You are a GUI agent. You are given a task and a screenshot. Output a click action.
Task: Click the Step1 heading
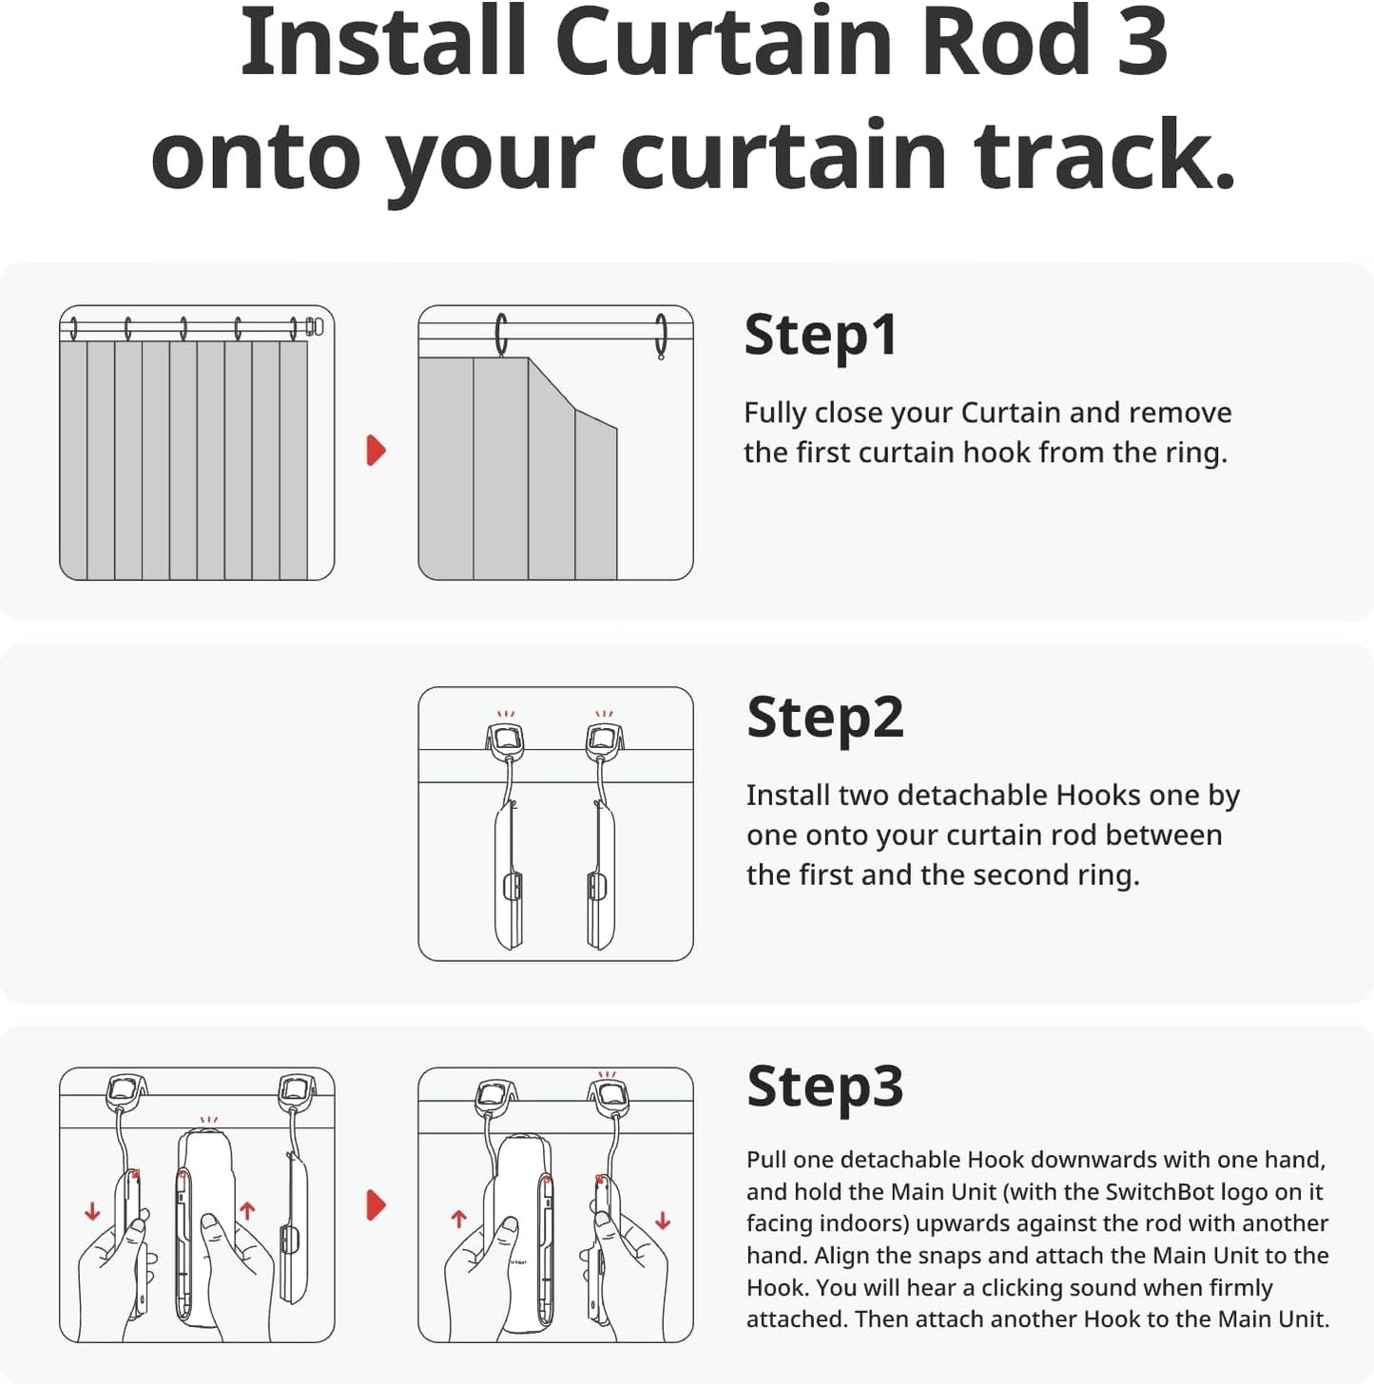point(820,336)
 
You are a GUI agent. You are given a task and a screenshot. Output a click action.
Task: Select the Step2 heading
point(824,718)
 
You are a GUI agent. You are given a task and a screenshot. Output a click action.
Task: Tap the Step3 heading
point(824,1086)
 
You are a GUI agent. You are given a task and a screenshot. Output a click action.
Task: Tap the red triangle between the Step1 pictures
point(377,450)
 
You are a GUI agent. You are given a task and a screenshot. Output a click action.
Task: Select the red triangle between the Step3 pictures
point(377,1205)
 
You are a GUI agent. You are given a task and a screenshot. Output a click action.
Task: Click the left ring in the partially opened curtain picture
point(501,335)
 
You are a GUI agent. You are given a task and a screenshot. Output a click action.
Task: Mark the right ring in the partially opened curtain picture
point(661,336)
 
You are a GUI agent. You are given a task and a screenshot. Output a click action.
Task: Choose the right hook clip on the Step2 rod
point(604,740)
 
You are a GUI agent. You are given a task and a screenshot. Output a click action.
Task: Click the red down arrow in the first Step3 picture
point(92,1212)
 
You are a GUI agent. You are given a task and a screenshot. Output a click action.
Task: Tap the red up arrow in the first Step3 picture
point(247,1210)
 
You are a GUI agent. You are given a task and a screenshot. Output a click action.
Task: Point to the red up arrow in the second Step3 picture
point(458,1219)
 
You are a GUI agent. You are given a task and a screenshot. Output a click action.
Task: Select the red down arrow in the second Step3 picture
point(662,1221)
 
